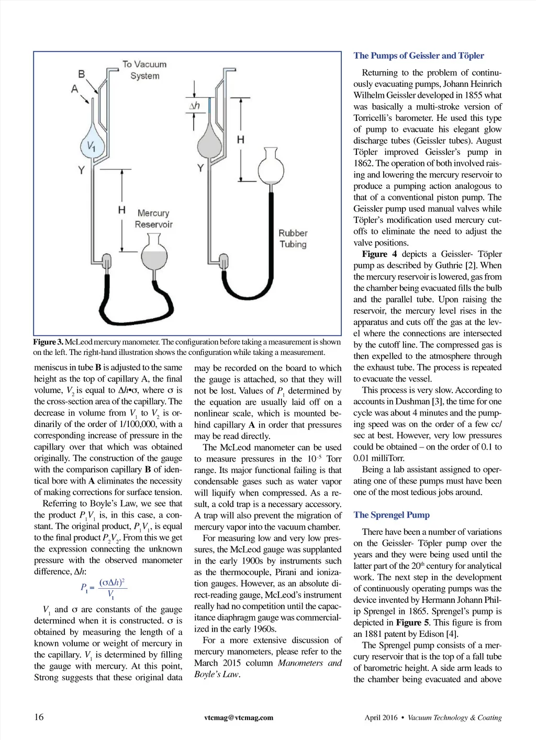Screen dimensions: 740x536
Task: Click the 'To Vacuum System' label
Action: (144, 70)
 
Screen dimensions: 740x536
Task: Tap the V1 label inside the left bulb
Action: (91, 146)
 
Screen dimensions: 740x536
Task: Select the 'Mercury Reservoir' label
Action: (153, 219)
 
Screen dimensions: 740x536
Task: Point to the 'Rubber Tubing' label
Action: (293, 239)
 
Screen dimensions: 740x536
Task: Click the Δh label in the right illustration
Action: (194, 106)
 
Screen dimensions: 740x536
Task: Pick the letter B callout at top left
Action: (82, 74)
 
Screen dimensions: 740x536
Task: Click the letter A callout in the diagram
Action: (74, 88)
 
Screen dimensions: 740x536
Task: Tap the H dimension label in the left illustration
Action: (121, 210)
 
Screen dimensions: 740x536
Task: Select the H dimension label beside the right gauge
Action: (240, 140)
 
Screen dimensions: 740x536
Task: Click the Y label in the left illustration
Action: (81, 170)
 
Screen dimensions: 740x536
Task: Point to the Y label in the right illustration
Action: (200, 167)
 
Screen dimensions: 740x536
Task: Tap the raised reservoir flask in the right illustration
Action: (271, 169)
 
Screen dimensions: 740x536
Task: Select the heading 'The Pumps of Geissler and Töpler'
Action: (418, 56)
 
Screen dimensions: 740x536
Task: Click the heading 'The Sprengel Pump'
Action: (391, 515)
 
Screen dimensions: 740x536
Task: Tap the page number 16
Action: (39, 717)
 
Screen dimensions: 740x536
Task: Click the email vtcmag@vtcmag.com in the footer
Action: (239, 717)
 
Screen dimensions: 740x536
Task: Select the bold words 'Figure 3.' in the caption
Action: (48, 342)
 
